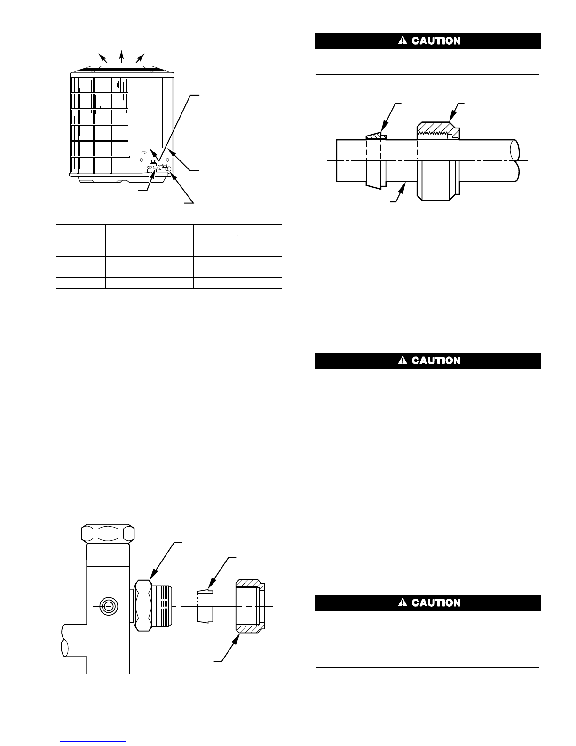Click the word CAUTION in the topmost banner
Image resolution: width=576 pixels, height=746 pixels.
coord(436,41)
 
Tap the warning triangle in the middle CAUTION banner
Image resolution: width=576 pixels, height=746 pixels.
coord(402,360)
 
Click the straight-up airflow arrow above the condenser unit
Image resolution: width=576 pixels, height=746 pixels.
coord(121,56)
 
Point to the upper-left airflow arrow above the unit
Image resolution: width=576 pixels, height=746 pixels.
coord(103,58)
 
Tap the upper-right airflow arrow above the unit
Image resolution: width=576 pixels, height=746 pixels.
coord(140,58)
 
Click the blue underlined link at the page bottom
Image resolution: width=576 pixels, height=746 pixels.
coord(93,742)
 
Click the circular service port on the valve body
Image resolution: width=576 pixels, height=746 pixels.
coord(109,606)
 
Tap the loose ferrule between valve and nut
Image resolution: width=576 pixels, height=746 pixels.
coord(205,606)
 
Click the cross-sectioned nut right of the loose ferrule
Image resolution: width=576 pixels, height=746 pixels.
coord(250,606)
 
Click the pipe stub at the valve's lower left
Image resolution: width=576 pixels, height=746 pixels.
coord(73,640)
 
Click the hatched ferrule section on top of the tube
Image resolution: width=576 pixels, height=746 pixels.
coord(376,136)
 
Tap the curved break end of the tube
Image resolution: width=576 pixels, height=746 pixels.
coord(515,160)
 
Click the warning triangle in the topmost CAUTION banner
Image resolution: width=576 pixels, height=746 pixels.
coord(402,41)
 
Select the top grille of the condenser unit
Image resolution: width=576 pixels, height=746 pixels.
coord(122,69)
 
